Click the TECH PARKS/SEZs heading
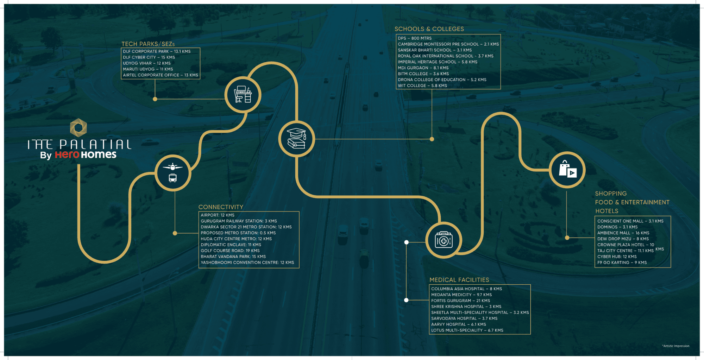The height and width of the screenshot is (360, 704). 148,44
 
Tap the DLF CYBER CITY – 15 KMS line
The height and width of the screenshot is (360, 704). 149,57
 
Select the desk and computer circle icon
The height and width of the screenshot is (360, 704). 243,94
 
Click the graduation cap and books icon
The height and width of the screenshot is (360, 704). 296,139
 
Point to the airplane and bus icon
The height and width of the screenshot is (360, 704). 173,173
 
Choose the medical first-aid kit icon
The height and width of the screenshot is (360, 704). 444,240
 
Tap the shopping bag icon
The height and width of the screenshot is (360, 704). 567,170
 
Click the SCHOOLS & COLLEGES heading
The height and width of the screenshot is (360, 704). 429,29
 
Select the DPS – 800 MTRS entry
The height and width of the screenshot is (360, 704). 415,38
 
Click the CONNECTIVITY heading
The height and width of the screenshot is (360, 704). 221,207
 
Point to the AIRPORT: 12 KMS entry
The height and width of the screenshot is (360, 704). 218,215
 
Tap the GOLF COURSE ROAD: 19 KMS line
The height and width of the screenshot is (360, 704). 230,251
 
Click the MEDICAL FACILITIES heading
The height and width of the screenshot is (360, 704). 459,280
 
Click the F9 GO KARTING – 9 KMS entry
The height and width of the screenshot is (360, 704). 622,263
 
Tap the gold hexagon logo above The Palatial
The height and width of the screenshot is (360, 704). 78,127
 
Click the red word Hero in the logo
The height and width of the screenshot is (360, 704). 67,154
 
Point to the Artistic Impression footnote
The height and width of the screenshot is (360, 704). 676,346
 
